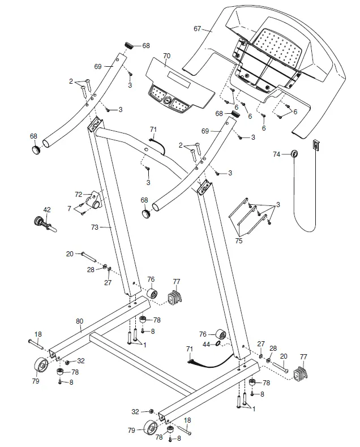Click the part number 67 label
[x=198, y=28]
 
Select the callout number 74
[x=276, y=154]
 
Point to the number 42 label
[x=47, y=210]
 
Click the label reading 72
[x=79, y=194]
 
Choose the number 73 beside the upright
[x=95, y=227]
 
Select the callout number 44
[x=206, y=343]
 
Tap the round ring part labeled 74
[x=294, y=154]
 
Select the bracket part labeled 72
[x=97, y=200]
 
